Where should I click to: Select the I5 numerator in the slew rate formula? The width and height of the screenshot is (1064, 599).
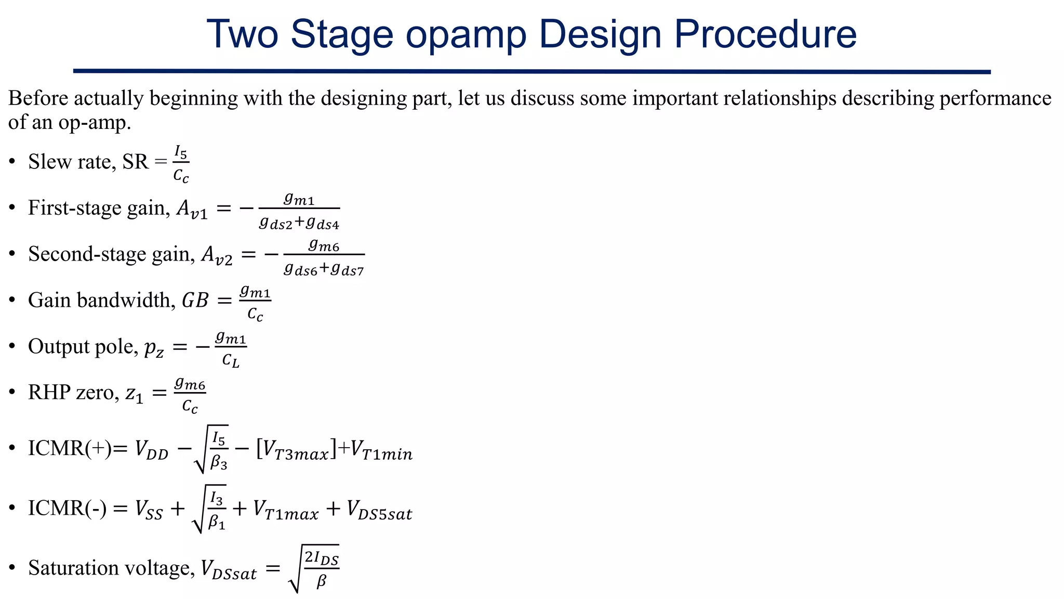[180, 152]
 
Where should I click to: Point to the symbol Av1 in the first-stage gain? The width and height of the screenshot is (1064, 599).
[192, 209]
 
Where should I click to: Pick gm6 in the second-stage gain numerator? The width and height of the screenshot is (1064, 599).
[324, 244]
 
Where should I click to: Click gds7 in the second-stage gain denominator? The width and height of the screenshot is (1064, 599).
[348, 269]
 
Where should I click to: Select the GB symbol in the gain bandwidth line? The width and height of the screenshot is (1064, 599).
[195, 301]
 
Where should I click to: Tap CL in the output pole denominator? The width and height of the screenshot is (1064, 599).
[231, 360]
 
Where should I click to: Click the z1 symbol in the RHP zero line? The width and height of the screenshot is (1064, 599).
[134, 394]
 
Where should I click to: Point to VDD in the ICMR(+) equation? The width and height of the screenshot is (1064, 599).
[151, 449]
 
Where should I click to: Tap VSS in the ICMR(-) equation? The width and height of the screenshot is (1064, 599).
[149, 510]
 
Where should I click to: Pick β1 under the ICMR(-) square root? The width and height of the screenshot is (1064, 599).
[216, 522]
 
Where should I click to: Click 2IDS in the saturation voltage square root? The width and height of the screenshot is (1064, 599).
[321, 558]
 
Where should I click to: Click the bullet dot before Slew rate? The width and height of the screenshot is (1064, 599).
[12, 162]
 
